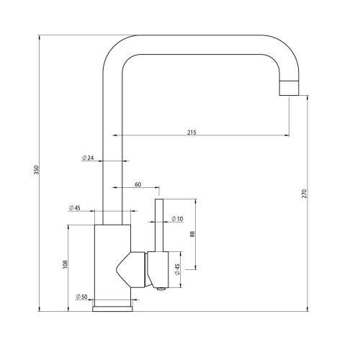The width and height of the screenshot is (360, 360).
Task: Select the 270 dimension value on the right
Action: (x=305, y=194)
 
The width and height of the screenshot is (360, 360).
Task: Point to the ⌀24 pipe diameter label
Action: (x=88, y=158)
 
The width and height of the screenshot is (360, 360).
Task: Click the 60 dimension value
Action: (x=138, y=184)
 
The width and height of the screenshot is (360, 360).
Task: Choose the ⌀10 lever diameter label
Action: (x=176, y=220)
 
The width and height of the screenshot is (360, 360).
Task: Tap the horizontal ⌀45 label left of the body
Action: (x=74, y=208)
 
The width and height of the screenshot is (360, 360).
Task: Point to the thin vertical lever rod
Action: (x=160, y=223)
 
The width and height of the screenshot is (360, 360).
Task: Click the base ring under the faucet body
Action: (x=112, y=307)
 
